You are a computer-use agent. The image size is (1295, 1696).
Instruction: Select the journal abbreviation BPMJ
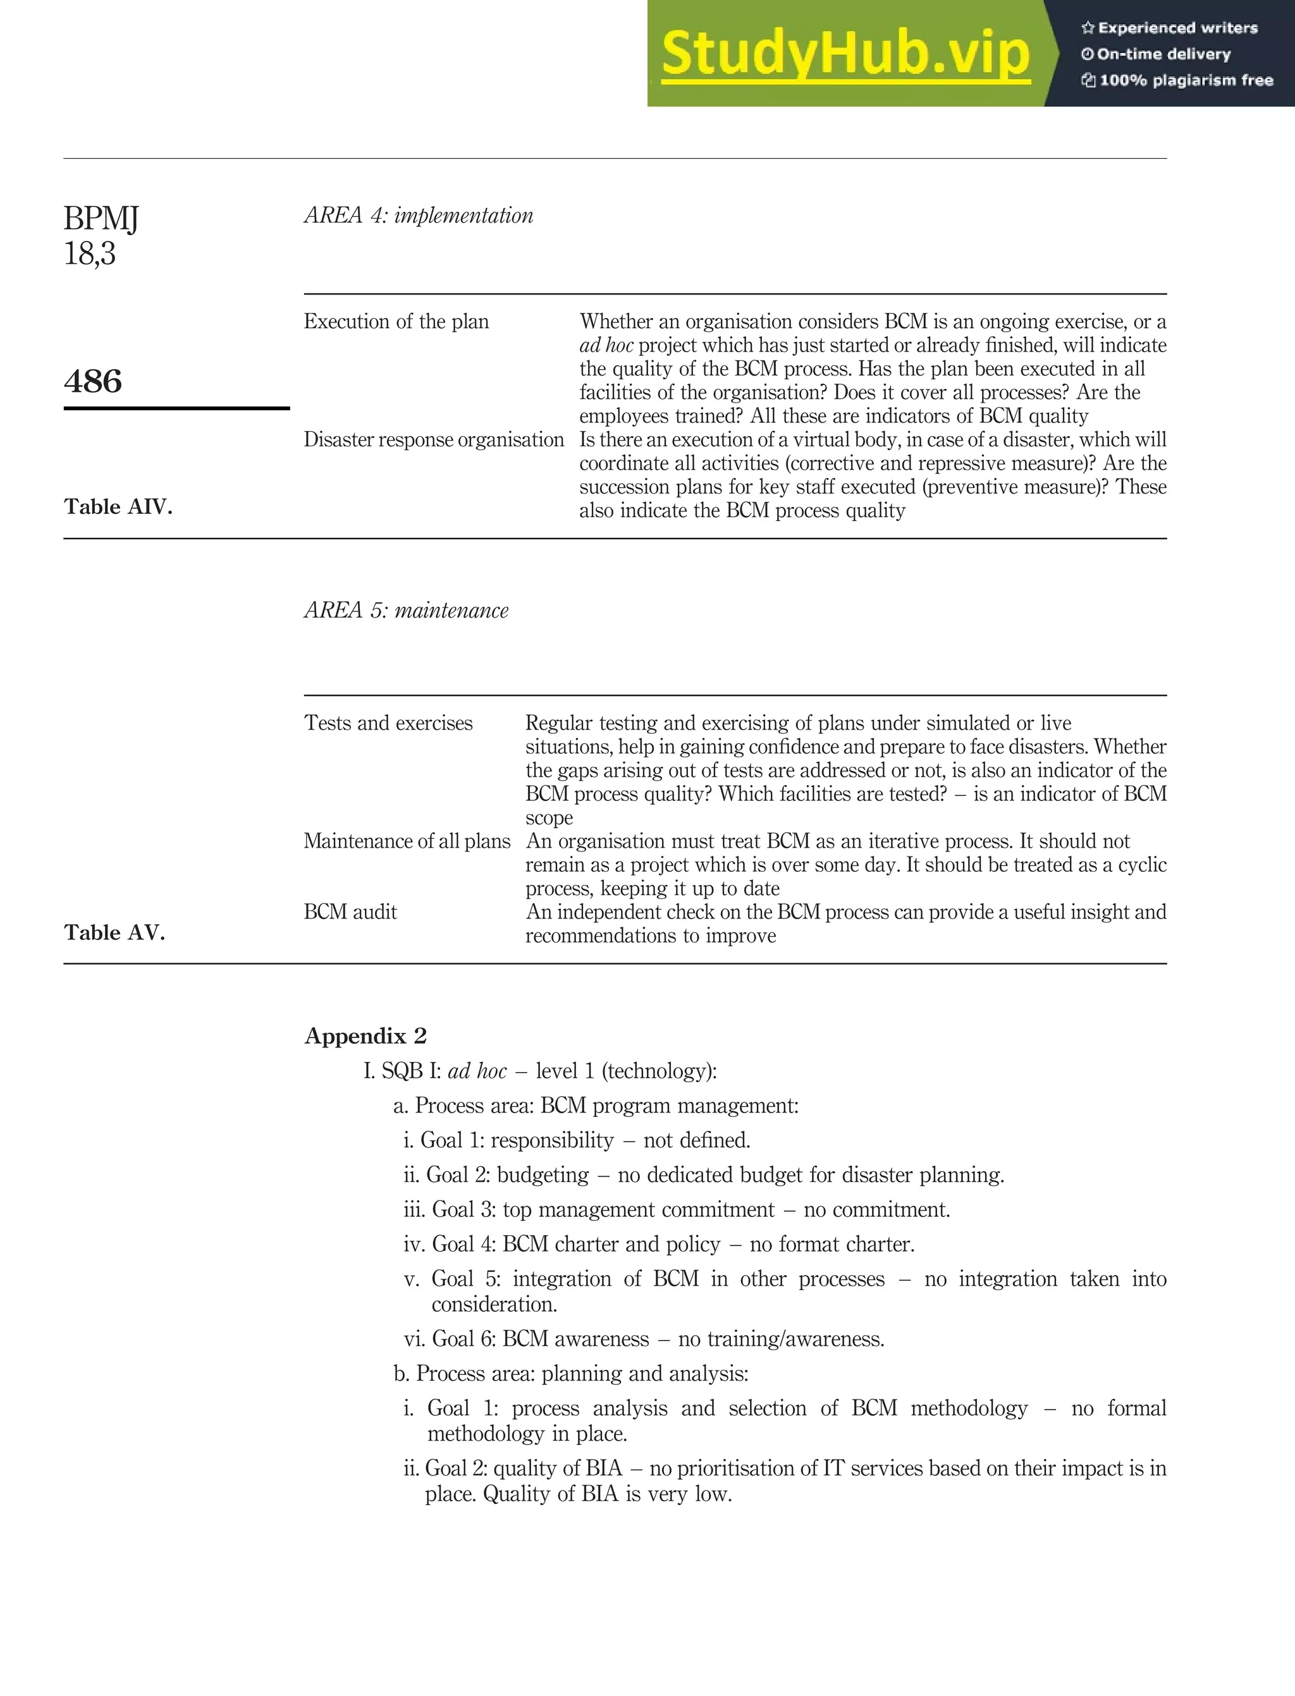pyautogui.click(x=101, y=218)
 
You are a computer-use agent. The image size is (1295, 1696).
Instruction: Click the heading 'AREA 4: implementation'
pyautogui.click(x=419, y=215)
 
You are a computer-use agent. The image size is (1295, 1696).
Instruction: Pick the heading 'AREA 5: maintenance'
pyautogui.click(x=406, y=610)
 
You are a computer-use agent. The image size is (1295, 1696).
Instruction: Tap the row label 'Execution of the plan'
pyautogui.click(x=396, y=321)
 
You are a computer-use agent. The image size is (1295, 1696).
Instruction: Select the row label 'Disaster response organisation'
pyautogui.click(x=433, y=439)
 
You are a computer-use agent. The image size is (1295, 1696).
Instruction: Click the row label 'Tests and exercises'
pyautogui.click(x=388, y=723)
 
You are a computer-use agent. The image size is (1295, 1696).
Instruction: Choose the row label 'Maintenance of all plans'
pyautogui.click(x=407, y=841)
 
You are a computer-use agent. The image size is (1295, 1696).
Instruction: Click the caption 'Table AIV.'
pyautogui.click(x=118, y=506)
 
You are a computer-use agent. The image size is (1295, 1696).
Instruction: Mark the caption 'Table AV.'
pyautogui.click(x=114, y=932)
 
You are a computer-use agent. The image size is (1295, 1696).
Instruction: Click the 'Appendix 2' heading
pyautogui.click(x=365, y=1035)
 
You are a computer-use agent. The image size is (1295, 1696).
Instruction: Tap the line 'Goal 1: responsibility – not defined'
pyautogui.click(x=577, y=1140)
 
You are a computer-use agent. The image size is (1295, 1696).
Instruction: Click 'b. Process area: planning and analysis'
pyautogui.click(x=570, y=1373)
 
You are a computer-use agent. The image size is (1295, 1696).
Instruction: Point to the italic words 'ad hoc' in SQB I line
pyautogui.click(x=477, y=1071)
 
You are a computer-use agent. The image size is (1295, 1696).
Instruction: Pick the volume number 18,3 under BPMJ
pyautogui.click(x=89, y=253)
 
